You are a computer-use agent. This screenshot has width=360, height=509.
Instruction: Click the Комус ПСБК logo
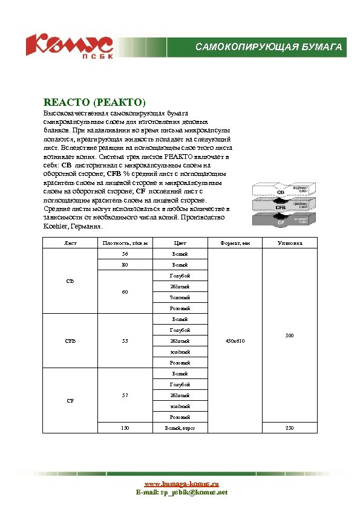[x=68, y=46]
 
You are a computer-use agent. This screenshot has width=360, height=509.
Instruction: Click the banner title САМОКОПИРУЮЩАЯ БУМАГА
[x=269, y=47]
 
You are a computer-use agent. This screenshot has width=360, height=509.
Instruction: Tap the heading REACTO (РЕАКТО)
[x=94, y=102]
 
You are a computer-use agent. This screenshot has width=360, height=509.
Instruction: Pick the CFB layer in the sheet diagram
[x=281, y=207]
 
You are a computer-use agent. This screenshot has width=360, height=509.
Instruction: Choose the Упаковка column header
[x=289, y=243]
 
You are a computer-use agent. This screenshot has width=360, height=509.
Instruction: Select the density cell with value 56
[x=125, y=254]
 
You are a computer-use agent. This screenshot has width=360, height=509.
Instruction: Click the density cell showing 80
[x=125, y=265]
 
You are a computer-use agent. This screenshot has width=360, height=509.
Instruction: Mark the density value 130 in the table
[x=125, y=428]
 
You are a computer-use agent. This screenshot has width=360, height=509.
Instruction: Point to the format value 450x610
[x=235, y=341]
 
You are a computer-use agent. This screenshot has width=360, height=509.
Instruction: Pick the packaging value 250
[x=289, y=428]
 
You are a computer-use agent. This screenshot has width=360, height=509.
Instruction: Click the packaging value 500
[x=289, y=335]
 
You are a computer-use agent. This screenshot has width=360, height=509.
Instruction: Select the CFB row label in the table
[x=70, y=341]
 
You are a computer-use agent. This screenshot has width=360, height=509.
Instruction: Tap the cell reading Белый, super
[x=180, y=428]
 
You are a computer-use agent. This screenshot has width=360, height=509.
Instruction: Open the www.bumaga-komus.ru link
[x=180, y=484]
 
